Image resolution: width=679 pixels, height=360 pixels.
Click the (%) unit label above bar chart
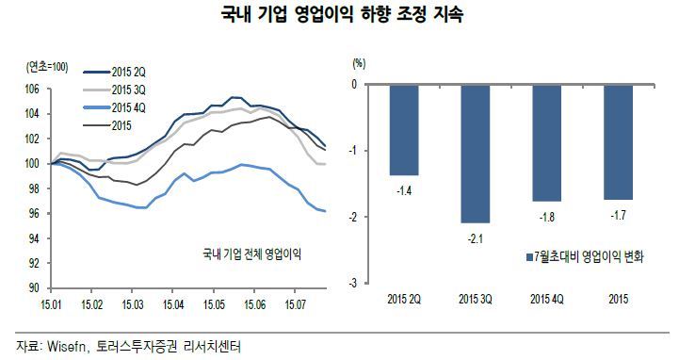click(x=357, y=63)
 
